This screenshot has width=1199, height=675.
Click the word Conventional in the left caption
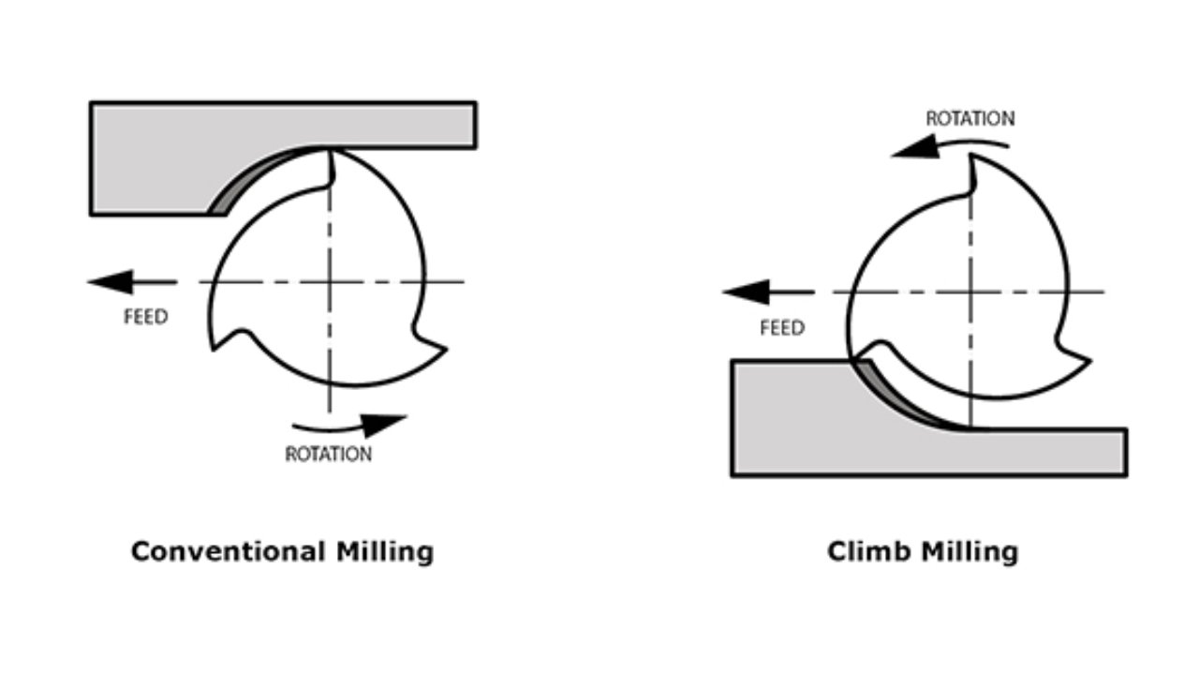[229, 551]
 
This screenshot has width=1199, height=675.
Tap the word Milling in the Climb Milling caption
[970, 552]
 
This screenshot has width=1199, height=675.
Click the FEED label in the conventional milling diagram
[146, 317]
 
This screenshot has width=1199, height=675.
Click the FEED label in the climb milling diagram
[782, 328]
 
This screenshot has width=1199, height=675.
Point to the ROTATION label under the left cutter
[328, 455]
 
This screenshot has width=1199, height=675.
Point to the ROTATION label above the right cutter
[970, 119]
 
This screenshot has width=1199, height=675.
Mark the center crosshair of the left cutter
[330, 281]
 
